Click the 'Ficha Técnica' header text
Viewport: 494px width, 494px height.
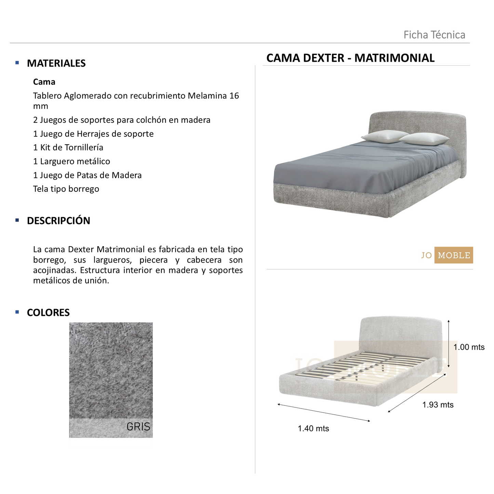(x=434, y=35)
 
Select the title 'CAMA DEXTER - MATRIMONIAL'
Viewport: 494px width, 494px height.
(x=350, y=58)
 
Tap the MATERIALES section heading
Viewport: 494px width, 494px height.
(x=56, y=63)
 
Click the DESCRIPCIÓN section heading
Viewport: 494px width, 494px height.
(x=58, y=221)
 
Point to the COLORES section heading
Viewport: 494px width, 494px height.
(x=48, y=312)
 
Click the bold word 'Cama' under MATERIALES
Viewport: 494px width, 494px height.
(x=44, y=82)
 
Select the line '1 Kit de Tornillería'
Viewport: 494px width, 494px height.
(x=68, y=148)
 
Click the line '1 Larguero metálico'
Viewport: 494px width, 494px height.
(x=71, y=161)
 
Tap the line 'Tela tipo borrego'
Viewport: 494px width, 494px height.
(x=66, y=189)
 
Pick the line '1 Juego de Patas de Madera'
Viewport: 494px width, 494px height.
(x=87, y=175)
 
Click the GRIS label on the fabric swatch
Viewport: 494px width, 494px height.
(x=138, y=427)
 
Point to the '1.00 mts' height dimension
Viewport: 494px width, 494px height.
(x=469, y=347)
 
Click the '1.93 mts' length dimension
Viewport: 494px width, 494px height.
(x=438, y=405)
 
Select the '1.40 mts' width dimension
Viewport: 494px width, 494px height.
(x=313, y=428)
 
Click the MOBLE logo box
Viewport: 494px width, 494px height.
(x=454, y=255)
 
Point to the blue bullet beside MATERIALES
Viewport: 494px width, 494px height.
(x=17, y=63)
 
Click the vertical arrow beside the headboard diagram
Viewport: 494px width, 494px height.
(x=449, y=343)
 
